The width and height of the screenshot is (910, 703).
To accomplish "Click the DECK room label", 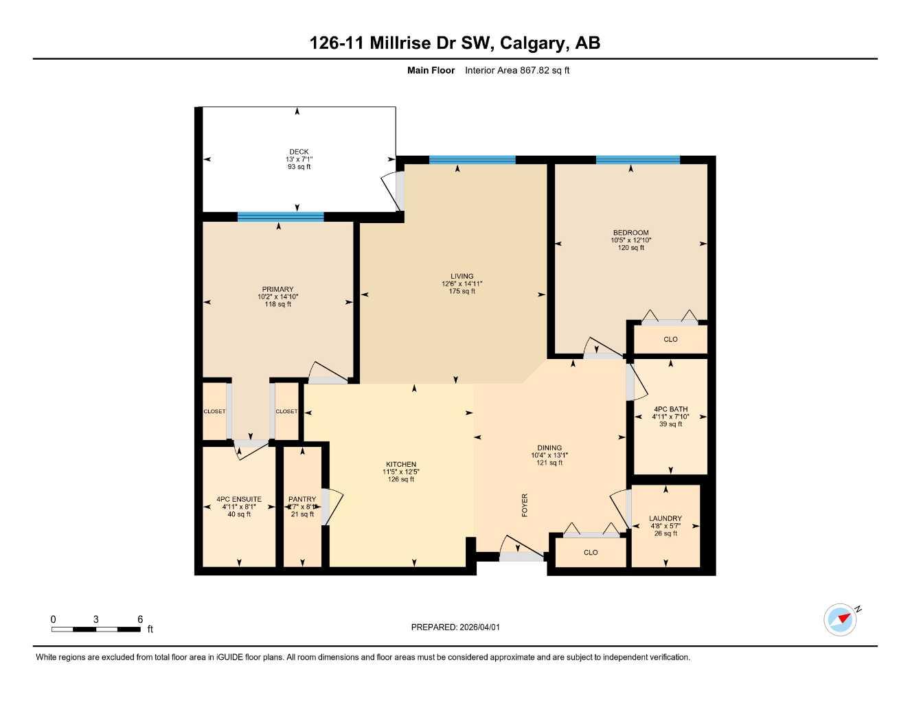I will click(x=299, y=152).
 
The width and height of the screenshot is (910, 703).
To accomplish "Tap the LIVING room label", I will click(x=462, y=277).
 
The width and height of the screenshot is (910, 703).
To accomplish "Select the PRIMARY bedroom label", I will click(x=277, y=290).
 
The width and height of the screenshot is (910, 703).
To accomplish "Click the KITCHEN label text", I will click(x=400, y=465).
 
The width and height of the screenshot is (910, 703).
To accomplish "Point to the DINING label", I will click(x=549, y=448).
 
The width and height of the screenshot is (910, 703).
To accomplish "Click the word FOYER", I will click(x=525, y=505).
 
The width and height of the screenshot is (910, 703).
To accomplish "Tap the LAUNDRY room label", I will click(x=665, y=519).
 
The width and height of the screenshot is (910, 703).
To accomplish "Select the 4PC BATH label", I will click(x=670, y=409).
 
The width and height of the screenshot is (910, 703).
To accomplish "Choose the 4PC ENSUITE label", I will click(x=239, y=500).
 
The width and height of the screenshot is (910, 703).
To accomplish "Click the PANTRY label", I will click(x=302, y=500).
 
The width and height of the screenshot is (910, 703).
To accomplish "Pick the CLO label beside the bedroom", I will click(x=670, y=339).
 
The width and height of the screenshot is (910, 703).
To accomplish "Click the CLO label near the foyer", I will click(x=591, y=553).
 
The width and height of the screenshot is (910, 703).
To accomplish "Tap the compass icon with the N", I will click(x=841, y=619).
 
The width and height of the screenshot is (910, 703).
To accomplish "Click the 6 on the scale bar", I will click(x=140, y=619).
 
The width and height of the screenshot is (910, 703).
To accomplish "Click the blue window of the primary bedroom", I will click(x=280, y=217).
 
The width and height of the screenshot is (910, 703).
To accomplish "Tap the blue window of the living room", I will click(x=472, y=160).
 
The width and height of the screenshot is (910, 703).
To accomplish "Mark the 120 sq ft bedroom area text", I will click(x=630, y=248).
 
